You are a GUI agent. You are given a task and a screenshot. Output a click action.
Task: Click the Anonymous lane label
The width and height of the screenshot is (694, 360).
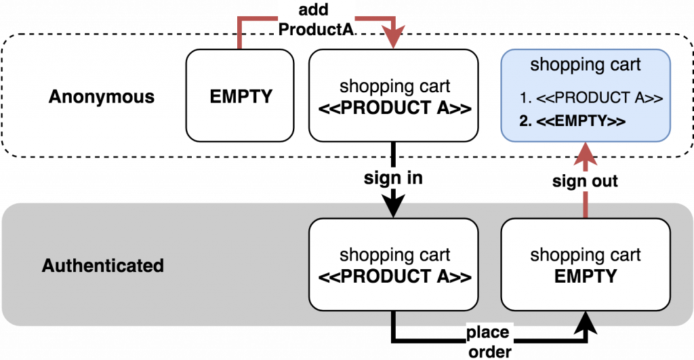(102, 97)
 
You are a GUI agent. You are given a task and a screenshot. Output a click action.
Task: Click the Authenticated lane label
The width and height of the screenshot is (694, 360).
(103, 265)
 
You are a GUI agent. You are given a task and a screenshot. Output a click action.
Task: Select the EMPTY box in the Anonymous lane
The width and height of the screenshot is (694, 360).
(241, 96)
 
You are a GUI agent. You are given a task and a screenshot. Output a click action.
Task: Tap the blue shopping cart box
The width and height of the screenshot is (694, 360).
(586, 96)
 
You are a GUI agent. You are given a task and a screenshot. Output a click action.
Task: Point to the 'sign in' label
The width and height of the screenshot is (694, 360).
(394, 179)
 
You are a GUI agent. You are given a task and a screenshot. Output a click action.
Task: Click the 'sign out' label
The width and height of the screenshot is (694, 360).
(585, 181)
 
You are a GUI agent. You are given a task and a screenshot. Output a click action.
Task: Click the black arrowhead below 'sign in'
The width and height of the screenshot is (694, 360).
(394, 211)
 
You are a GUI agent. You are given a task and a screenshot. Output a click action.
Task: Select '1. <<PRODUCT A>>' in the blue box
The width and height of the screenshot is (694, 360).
(590, 98)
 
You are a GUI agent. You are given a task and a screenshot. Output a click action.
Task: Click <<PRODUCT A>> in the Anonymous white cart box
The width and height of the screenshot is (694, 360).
(394, 107)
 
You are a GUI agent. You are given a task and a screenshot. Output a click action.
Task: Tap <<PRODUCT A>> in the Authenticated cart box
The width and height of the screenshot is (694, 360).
(394, 277)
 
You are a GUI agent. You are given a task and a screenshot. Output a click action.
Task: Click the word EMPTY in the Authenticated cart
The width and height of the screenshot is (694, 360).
(586, 277)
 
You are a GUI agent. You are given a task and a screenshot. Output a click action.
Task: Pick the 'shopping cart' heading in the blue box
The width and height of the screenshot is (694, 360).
(586, 65)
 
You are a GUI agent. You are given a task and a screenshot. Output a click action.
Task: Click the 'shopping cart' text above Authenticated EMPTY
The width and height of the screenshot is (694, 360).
(586, 255)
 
